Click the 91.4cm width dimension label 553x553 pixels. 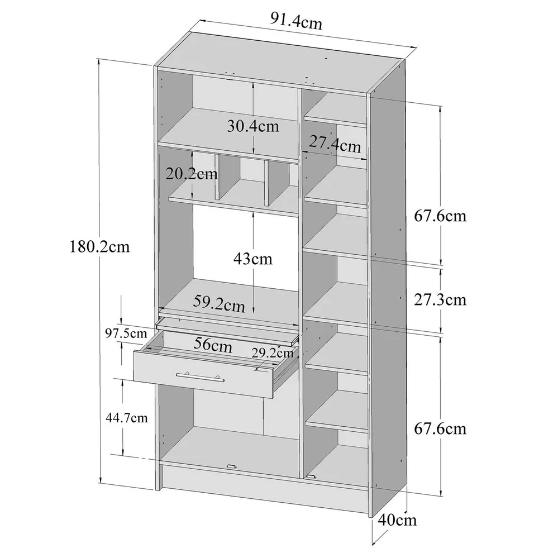[x=296, y=23]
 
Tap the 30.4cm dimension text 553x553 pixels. [x=252, y=126]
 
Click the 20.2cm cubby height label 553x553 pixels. [x=192, y=173]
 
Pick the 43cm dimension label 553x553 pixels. [x=253, y=259]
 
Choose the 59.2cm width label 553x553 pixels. [x=220, y=306]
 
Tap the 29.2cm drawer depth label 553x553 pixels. [x=272, y=352]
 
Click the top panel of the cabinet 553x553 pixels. [x=279, y=59]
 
